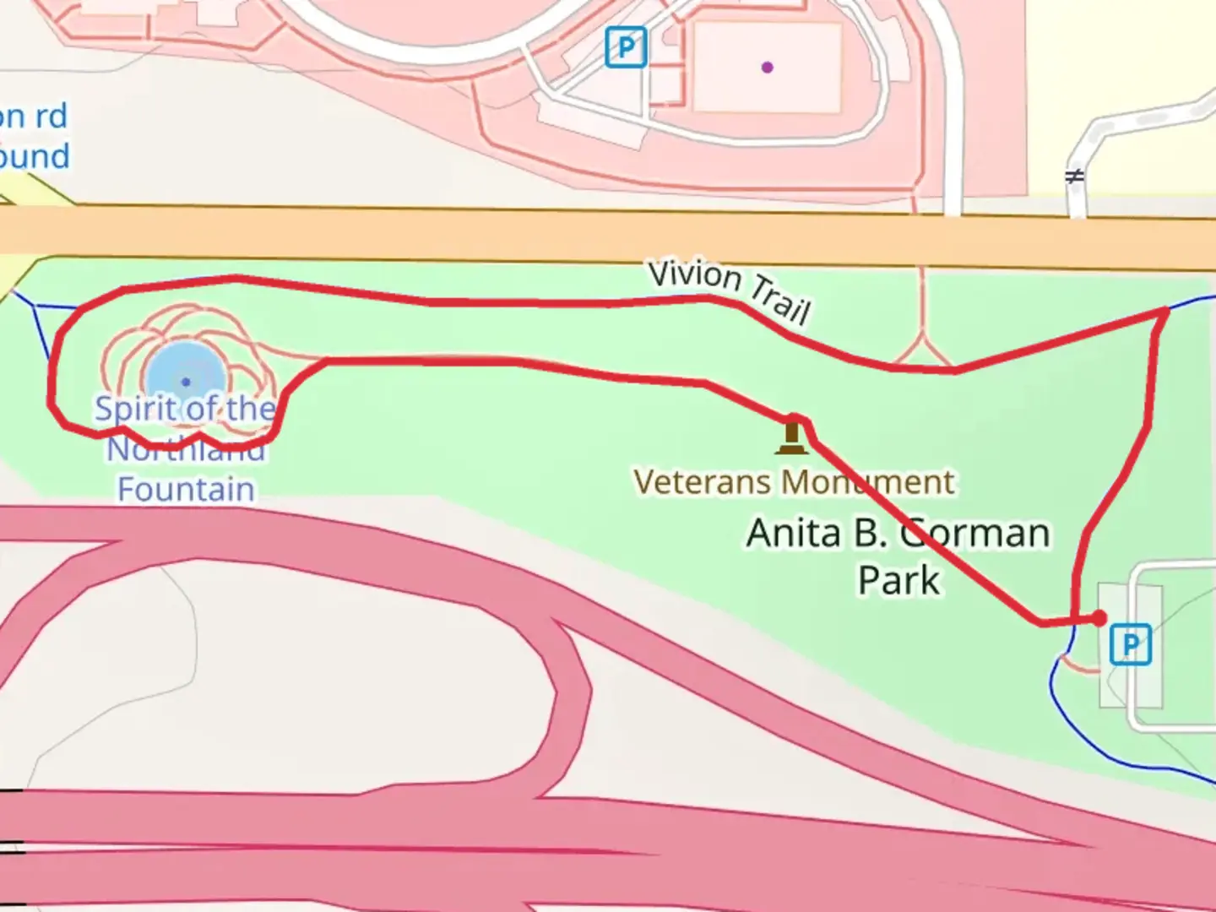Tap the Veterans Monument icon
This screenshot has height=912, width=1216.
(791, 436)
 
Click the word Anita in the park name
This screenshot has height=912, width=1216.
(794, 534)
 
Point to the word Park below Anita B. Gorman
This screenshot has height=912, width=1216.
(898, 581)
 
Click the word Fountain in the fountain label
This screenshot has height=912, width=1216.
(186, 490)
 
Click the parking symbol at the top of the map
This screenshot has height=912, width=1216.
(626, 47)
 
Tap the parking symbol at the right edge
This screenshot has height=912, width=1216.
(1130, 645)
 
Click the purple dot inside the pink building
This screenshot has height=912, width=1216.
(767, 68)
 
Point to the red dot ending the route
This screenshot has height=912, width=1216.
(1099, 619)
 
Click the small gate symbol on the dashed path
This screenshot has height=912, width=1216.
(1074, 177)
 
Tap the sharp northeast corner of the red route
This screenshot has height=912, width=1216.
(1167, 312)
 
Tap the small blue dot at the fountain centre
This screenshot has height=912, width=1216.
(186, 383)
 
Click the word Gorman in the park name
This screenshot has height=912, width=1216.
(975, 534)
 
